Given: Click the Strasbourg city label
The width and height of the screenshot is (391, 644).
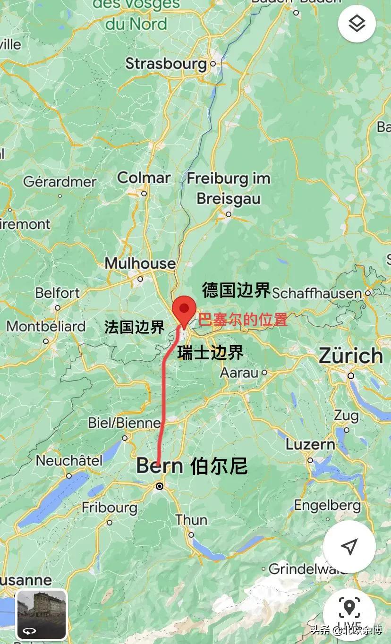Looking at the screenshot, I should (166, 63).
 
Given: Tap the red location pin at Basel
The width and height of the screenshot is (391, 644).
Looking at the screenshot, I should (184, 310).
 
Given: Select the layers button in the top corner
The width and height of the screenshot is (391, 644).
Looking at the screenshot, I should (357, 23).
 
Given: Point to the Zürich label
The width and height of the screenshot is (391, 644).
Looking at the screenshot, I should (351, 356).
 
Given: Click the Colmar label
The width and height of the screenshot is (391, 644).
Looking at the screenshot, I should (144, 178).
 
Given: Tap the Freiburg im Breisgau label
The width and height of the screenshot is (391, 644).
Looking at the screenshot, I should (229, 188).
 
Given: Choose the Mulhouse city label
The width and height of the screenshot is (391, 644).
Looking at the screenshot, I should (140, 263).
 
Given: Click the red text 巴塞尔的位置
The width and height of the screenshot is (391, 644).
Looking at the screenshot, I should (243, 320).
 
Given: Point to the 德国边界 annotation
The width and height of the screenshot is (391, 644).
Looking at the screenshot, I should (236, 290).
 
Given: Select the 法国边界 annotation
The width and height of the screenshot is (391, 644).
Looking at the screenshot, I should (134, 327).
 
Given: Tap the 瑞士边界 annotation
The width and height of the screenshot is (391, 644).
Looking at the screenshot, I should (210, 352).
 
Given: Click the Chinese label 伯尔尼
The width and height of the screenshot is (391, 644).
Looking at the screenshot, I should (219, 466).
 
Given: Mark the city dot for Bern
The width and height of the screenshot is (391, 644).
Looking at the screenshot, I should (160, 486).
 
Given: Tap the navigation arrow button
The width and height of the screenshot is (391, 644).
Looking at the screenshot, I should (349, 547).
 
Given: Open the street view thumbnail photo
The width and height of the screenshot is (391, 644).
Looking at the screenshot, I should (42, 614).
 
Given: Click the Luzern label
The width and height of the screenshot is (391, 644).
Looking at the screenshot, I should (310, 444).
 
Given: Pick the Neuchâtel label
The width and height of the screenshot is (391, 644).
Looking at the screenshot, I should (69, 460).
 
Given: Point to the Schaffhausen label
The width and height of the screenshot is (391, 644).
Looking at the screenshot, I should (317, 293).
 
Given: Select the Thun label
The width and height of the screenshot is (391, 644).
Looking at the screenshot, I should (191, 520).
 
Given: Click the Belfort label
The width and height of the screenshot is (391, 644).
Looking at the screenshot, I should (58, 293).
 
